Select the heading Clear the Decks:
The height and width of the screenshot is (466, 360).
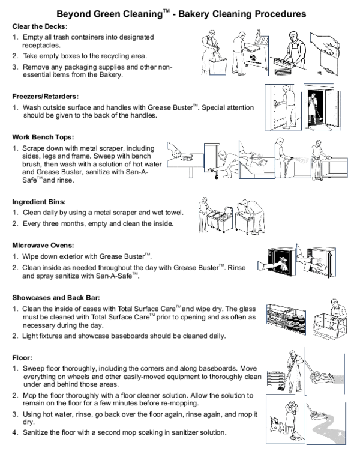pyautogui.click(x=40, y=26)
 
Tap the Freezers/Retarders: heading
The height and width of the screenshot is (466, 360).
pyautogui.click(x=46, y=97)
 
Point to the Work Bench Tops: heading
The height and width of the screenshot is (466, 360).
pyautogui.click(x=43, y=137)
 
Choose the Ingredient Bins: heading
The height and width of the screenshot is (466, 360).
pyautogui.click(x=39, y=202)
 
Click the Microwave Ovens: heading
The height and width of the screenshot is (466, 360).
pyautogui.click(x=43, y=246)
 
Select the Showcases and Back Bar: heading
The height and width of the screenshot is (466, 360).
pyautogui.click(x=56, y=298)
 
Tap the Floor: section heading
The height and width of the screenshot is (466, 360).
pyautogui.click(x=22, y=358)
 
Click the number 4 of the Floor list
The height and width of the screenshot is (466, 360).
pyautogui.click(x=14, y=432)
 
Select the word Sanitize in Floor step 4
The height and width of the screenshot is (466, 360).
pyautogui.click(x=34, y=432)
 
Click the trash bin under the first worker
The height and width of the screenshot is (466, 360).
pyautogui.click(x=218, y=65)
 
